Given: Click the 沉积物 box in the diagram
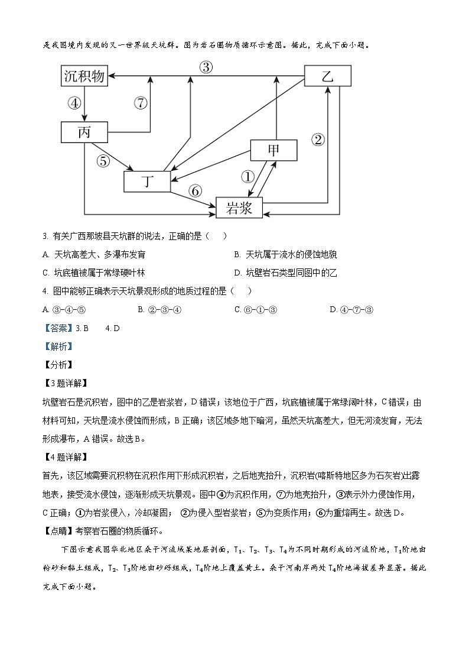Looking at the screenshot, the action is tap(84, 76).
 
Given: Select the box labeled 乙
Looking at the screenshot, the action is tap(327, 76).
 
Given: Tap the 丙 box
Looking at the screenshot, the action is tap(84, 132).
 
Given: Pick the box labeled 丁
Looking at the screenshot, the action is tap(147, 182).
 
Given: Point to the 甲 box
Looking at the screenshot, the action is tap(273, 150).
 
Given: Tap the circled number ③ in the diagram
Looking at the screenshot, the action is tap(206, 67).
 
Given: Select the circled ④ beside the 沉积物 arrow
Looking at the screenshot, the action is tap(74, 103).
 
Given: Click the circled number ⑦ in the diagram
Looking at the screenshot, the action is tap(140, 103).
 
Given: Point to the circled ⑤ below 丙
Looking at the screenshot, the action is tap(103, 160).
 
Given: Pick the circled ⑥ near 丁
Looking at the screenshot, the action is tap(195, 190).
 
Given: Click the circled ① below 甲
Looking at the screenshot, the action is tap(247, 176).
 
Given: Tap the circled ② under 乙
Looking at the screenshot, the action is tap(318, 140).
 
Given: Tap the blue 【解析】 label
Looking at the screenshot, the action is tap(57, 346).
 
